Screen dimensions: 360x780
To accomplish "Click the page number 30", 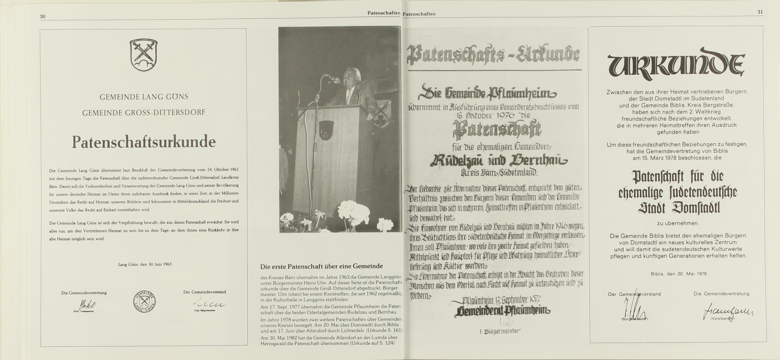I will coord(43,16).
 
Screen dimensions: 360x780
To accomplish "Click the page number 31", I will coord(760,12).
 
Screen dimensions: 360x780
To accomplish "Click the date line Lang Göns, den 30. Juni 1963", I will coord(145,264).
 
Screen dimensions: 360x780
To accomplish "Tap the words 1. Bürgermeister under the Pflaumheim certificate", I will coord(500,331).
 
